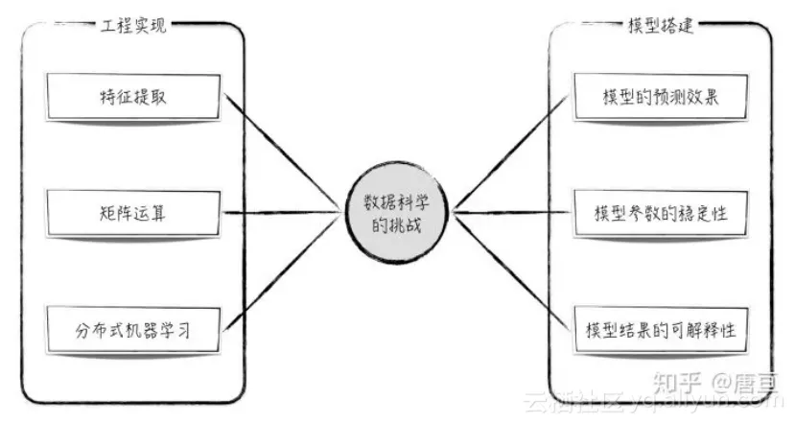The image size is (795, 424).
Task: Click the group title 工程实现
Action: tap(133, 26)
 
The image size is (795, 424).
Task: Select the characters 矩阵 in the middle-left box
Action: tap(118, 212)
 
